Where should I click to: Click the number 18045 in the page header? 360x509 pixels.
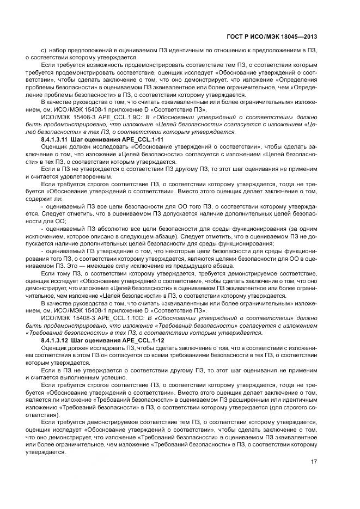coord(284,36)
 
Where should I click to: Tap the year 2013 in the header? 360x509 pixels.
coord(308,36)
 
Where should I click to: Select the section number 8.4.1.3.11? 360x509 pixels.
coord(56,140)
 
